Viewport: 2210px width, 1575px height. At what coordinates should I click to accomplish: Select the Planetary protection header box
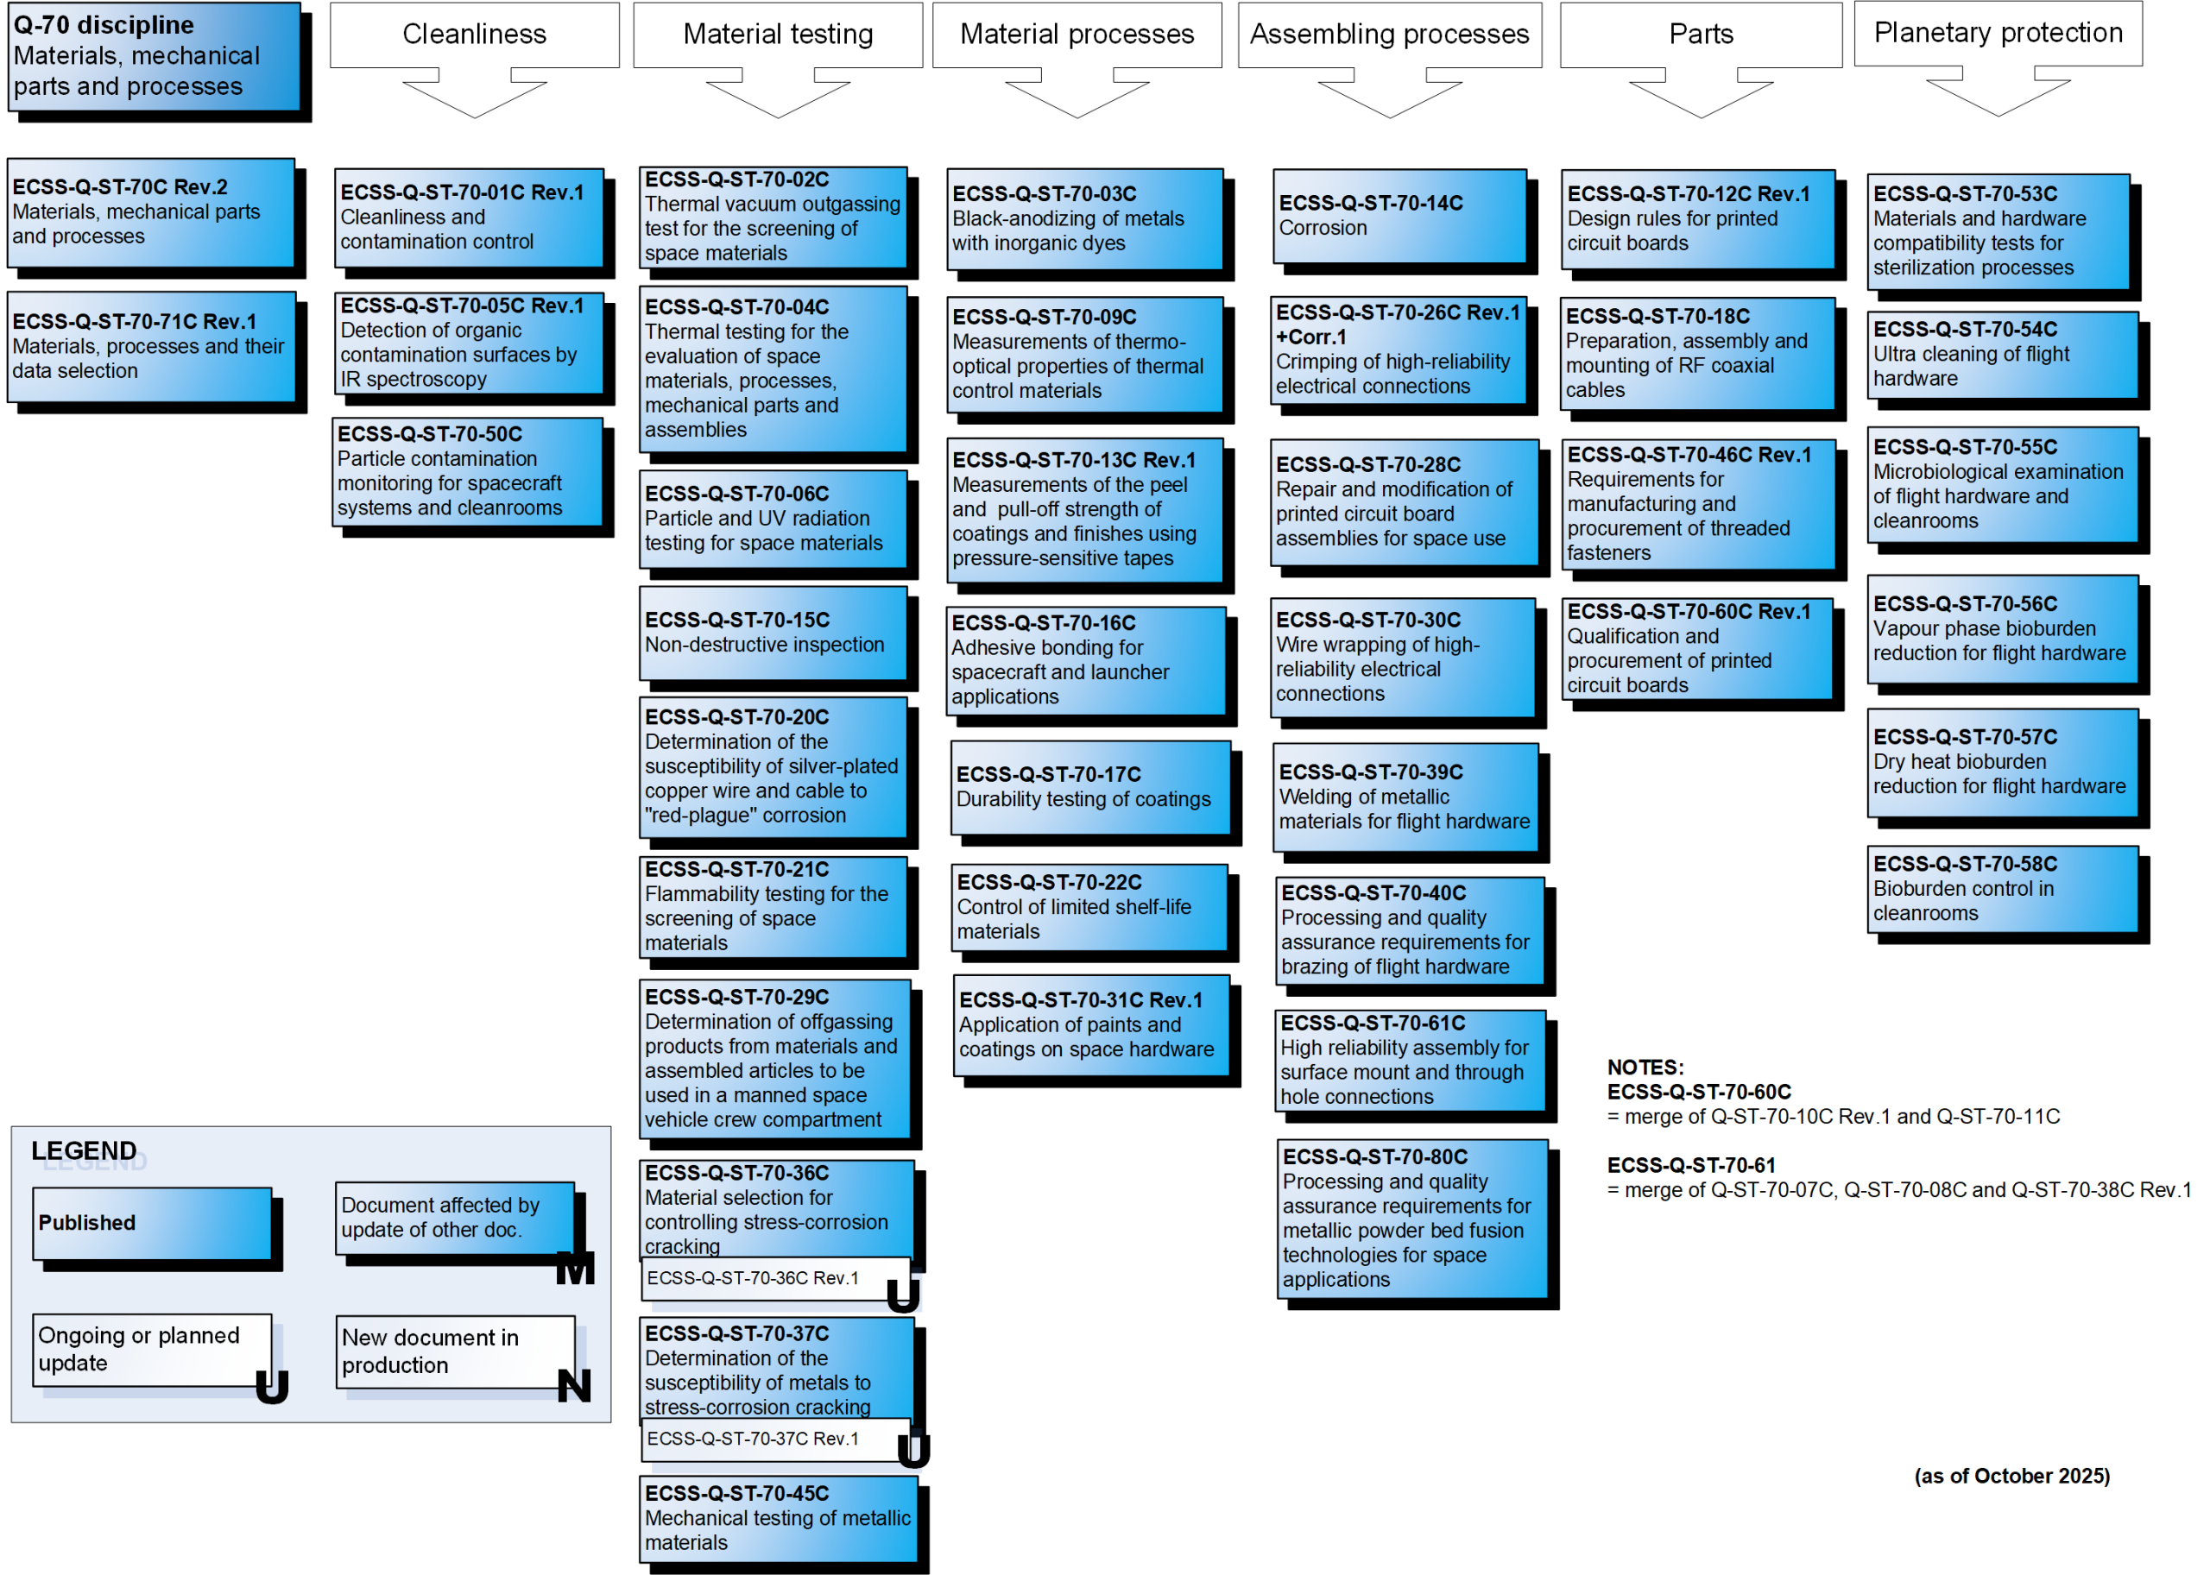[1998, 34]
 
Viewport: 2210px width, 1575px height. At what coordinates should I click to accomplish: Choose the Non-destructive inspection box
[773, 633]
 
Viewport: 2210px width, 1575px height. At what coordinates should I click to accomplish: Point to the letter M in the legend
[574, 1269]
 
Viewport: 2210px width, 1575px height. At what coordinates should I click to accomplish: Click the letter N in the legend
[574, 1386]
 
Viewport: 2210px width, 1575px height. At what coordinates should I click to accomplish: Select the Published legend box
[152, 1223]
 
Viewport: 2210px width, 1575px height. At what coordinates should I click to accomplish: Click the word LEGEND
[85, 1151]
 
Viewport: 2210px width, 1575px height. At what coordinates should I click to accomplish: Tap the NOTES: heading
[1645, 1068]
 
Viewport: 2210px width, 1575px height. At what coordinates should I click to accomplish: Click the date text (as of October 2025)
[2011, 1476]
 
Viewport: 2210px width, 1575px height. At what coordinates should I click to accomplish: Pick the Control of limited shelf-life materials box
[1089, 908]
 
